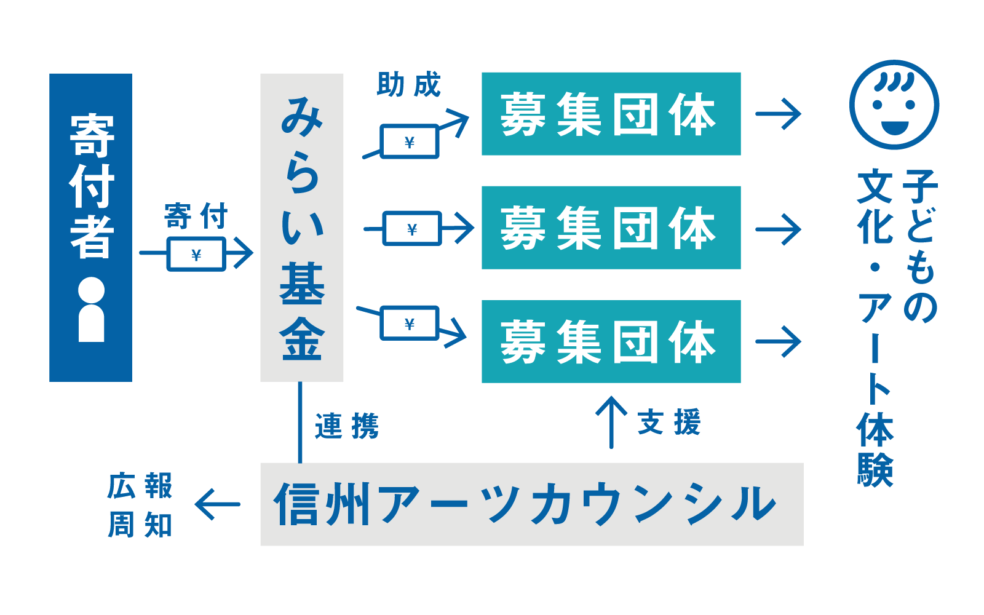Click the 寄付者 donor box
pyautogui.click(x=90, y=228)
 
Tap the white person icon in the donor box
pyautogui.click(x=92, y=309)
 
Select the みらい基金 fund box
pyautogui.click(x=302, y=228)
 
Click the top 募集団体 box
pyautogui.click(x=611, y=114)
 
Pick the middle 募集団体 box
pyautogui.click(x=611, y=228)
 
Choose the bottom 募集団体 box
pyautogui.click(x=611, y=341)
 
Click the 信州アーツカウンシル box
pyautogui.click(x=532, y=504)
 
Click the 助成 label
pyautogui.click(x=408, y=84)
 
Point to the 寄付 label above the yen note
pyautogui.click(x=196, y=216)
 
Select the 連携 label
pyautogui.click(x=347, y=426)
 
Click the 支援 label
pyautogui.click(x=669, y=422)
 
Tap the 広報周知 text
pyautogui.click(x=140, y=505)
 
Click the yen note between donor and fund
pyautogui.click(x=196, y=255)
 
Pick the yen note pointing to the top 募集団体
pyautogui.click(x=410, y=141)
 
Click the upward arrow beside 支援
pyautogui.click(x=611, y=423)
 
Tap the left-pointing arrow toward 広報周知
pyautogui.click(x=218, y=504)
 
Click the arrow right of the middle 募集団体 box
pyautogui.click(x=778, y=229)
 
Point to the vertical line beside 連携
pyautogui.click(x=300, y=422)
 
